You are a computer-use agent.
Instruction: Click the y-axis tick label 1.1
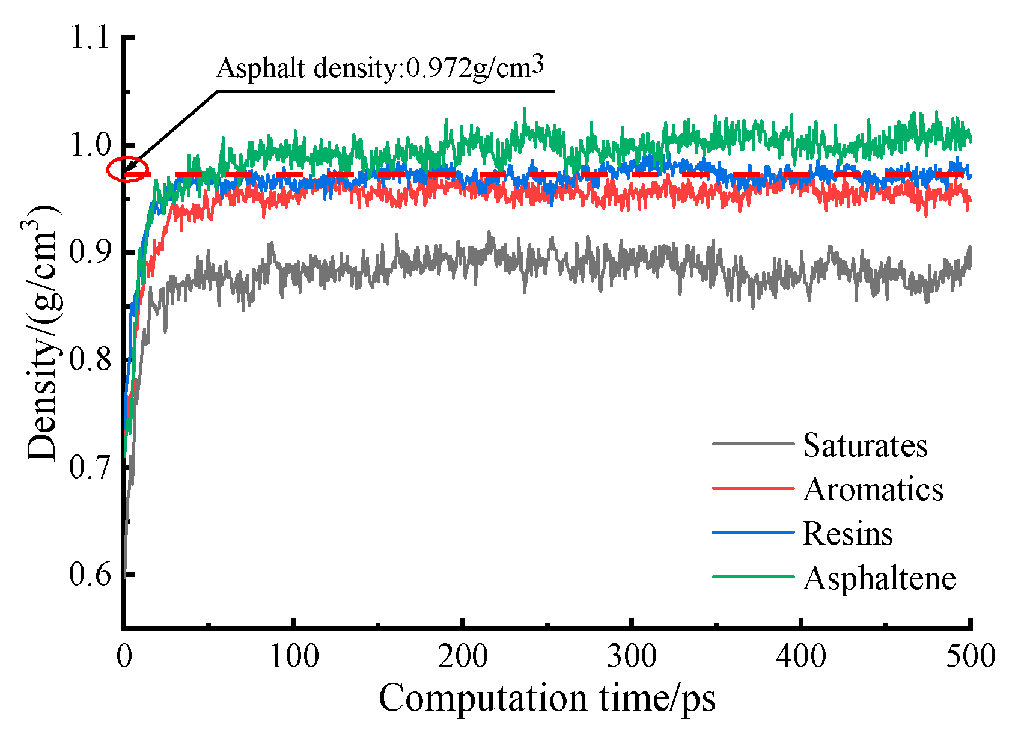coord(90,37)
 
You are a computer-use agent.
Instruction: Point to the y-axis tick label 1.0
coord(90,145)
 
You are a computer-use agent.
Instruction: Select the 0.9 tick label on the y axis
coord(90,252)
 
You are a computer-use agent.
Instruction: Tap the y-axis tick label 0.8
coord(90,359)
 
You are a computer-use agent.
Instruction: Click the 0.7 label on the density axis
coord(90,466)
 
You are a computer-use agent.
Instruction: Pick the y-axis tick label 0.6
coord(90,573)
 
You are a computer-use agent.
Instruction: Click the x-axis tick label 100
coord(293,656)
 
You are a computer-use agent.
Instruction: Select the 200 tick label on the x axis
coord(463,656)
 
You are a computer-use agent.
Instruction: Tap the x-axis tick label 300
coord(632,656)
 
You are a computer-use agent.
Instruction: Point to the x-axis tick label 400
coord(801,656)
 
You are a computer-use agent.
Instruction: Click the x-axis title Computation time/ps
coord(547,699)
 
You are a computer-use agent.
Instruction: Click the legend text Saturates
coord(865,445)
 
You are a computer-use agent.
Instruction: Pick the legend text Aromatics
coord(873,489)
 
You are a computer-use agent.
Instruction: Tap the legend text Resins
coord(847,534)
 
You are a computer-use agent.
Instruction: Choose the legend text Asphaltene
coord(879,578)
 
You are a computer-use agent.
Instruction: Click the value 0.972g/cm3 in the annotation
coord(475,68)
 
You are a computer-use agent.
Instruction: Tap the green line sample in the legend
coord(753,577)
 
